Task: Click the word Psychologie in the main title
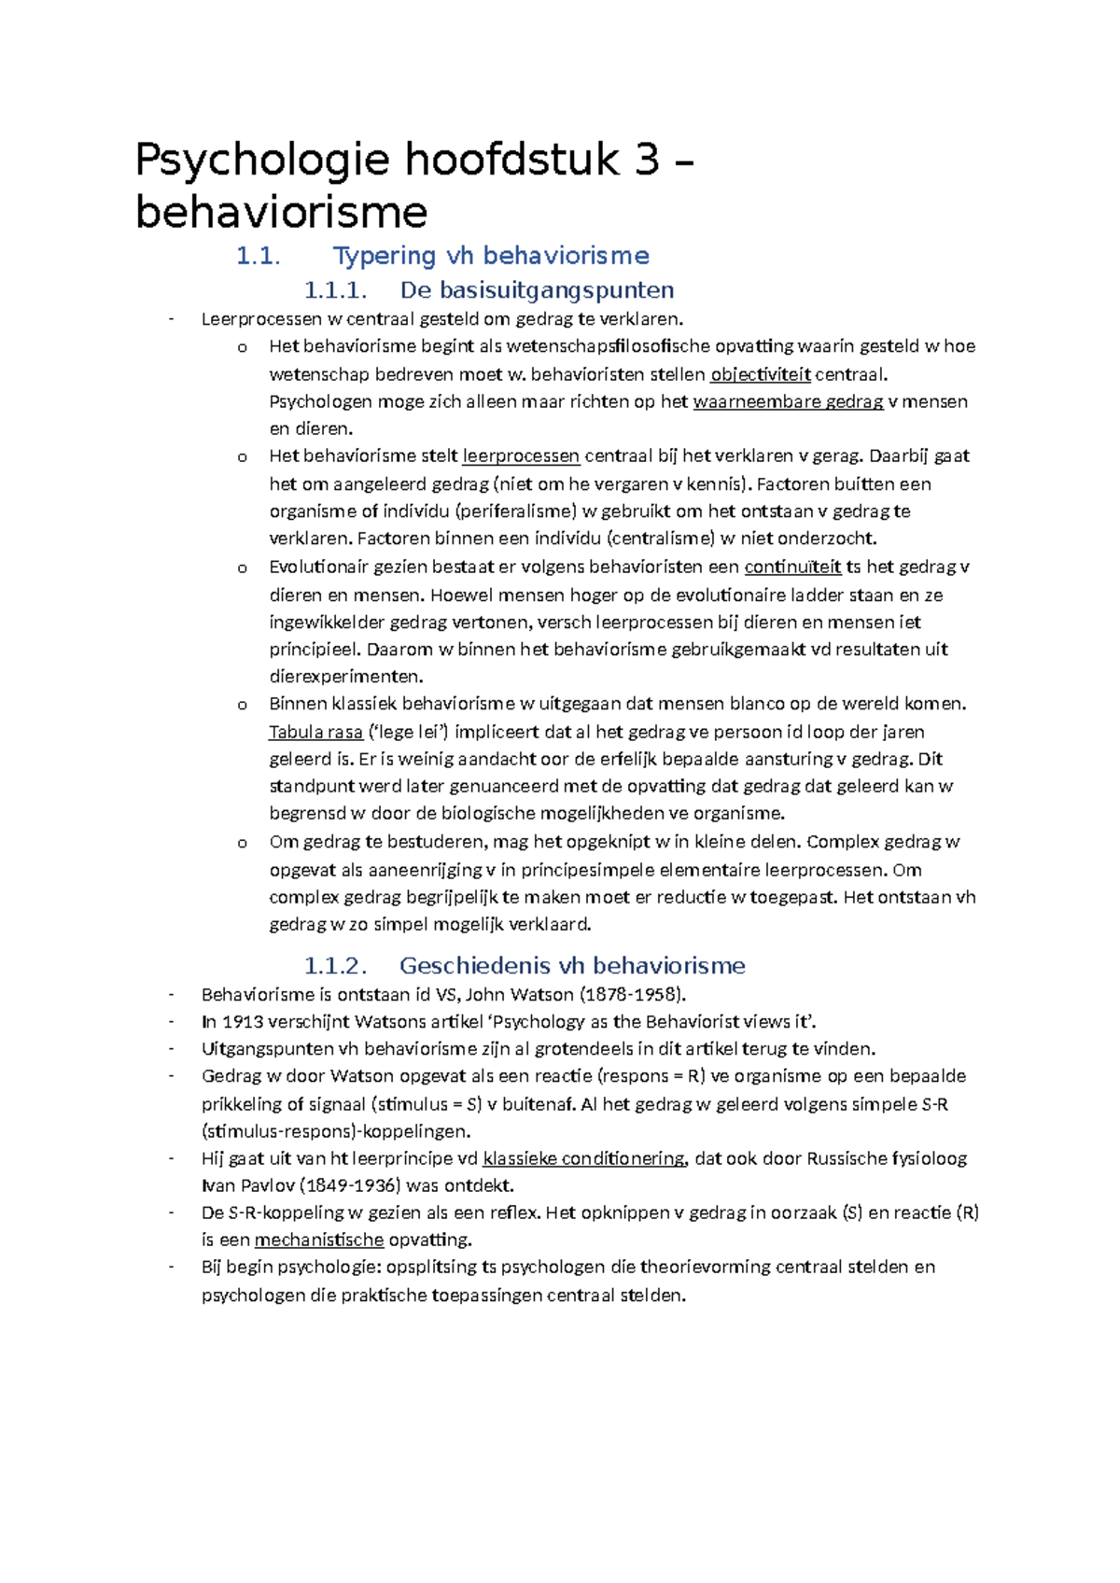pyautogui.click(x=261, y=161)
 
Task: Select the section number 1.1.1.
pyautogui.click(x=335, y=290)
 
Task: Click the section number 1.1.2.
pyautogui.click(x=335, y=965)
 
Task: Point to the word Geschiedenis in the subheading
pyautogui.click(x=479, y=965)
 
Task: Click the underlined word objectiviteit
pyautogui.click(x=760, y=375)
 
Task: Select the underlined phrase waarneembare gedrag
pyautogui.click(x=788, y=402)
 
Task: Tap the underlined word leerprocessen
pyautogui.click(x=521, y=456)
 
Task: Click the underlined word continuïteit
pyautogui.click(x=792, y=567)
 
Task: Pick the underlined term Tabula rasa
pyautogui.click(x=315, y=732)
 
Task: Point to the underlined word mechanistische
pyautogui.click(x=318, y=1240)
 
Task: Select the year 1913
pyautogui.click(x=243, y=1021)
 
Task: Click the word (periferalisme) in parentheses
pyautogui.click(x=516, y=511)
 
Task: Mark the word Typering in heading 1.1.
pyautogui.click(x=385, y=256)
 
